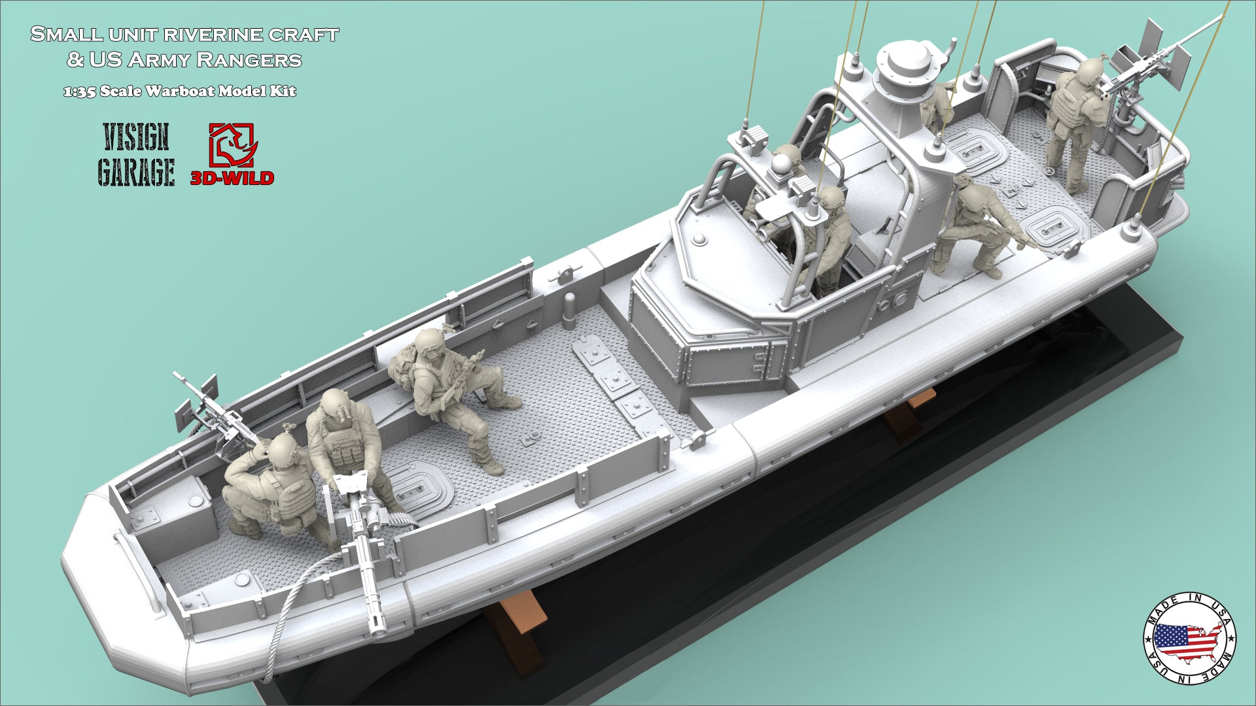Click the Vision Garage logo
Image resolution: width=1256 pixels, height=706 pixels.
pyautogui.click(x=136, y=154)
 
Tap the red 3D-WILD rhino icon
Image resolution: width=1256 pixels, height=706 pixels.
pyautogui.click(x=233, y=145)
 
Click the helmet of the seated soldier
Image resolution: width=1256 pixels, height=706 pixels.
pyautogui.click(x=429, y=343)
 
